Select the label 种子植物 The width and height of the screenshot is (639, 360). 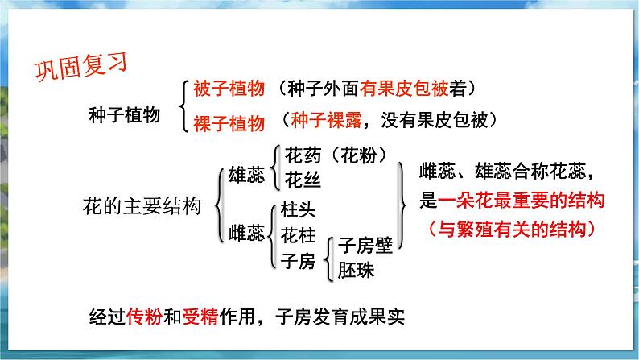click(125, 114)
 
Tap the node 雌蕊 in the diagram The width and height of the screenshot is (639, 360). click(246, 234)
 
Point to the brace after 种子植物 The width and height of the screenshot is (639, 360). click(184, 105)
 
